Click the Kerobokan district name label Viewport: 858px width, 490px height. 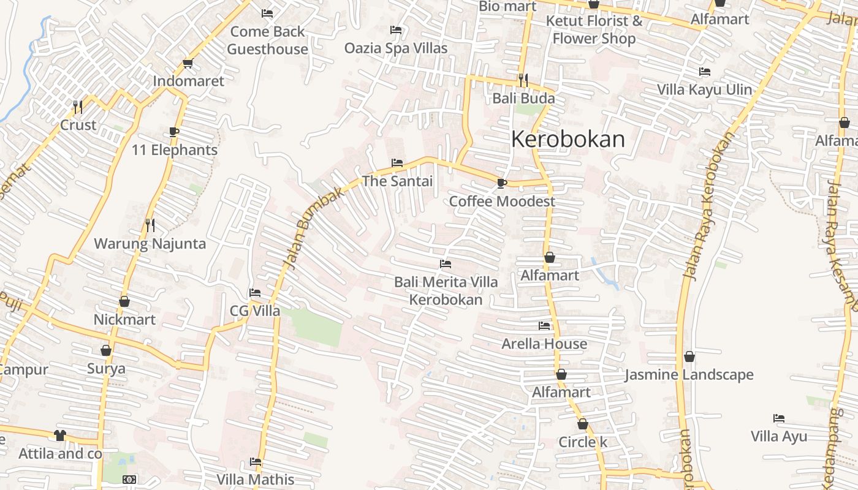tap(568, 140)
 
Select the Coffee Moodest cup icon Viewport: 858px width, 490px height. tap(502, 183)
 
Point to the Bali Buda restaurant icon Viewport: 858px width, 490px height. tap(523, 80)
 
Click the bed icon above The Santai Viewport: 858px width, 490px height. tap(397, 163)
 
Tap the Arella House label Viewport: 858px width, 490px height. tap(544, 344)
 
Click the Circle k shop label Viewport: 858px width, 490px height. tap(583, 442)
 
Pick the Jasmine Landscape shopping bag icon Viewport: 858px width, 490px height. tap(689, 356)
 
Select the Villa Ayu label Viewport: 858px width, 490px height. tap(779, 436)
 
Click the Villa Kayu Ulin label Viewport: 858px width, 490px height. tap(704, 89)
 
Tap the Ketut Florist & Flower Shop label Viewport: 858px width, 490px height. tap(594, 29)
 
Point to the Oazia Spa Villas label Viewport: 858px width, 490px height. tap(396, 48)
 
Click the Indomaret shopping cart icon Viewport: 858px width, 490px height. tap(188, 64)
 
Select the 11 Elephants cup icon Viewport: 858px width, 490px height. tap(174, 132)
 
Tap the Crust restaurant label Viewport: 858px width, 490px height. tap(78, 125)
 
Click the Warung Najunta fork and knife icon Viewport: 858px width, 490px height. tap(150, 225)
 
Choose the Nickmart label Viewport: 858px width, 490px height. tap(124, 319)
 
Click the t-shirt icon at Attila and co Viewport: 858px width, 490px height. tap(60, 435)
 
